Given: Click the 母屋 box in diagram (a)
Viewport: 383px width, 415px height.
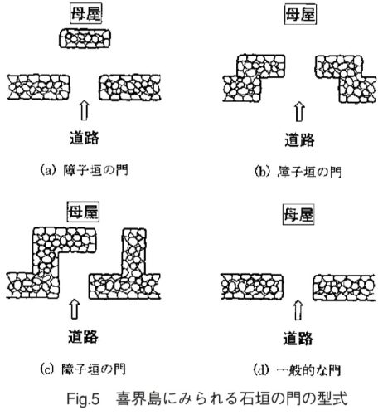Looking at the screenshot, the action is pyautogui.click(x=85, y=14).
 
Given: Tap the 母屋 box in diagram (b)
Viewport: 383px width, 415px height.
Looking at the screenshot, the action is pyautogui.click(x=300, y=15).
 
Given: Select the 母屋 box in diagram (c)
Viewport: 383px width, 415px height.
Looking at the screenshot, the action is pyautogui.click(x=83, y=212).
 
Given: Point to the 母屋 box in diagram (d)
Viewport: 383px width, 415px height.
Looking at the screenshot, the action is pyautogui.click(x=298, y=214).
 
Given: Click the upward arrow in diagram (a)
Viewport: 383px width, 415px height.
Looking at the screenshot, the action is pyautogui.click(x=85, y=110).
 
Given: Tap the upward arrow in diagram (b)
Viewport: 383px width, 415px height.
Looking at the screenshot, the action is pyautogui.click(x=299, y=112).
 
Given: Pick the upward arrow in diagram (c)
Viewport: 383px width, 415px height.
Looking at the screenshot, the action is pyautogui.click(x=75, y=309).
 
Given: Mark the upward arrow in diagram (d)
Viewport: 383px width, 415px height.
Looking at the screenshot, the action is pyautogui.click(x=298, y=310).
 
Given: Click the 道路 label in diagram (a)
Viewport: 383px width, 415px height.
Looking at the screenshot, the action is pyautogui.click(x=85, y=138).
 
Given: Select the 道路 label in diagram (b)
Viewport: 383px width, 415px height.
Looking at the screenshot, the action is pyautogui.click(x=299, y=139).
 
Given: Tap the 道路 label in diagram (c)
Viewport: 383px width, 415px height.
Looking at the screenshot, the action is pyautogui.click(x=83, y=336).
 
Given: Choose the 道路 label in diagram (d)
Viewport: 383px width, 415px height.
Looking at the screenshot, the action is pyautogui.click(x=298, y=338).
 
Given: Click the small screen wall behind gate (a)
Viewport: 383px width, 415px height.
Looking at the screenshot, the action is pyautogui.click(x=85, y=38).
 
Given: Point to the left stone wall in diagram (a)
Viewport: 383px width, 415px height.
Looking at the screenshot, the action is pyautogui.click(x=38, y=87).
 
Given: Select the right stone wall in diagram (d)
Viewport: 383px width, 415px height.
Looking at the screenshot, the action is pyautogui.click(x=344, y=288).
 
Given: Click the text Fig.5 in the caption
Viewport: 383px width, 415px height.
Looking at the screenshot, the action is pyautogui.click(x=83, y=399).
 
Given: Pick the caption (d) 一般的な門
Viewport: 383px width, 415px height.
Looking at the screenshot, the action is pyautogui.click(x=297, y=370).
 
